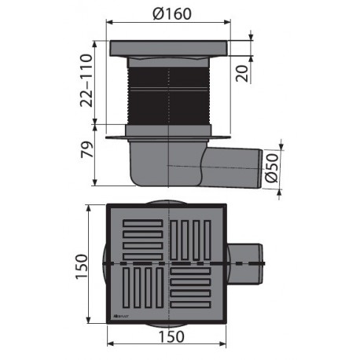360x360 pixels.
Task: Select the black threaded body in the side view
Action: [169, 93]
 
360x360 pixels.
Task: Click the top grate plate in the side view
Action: [168, 46]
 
